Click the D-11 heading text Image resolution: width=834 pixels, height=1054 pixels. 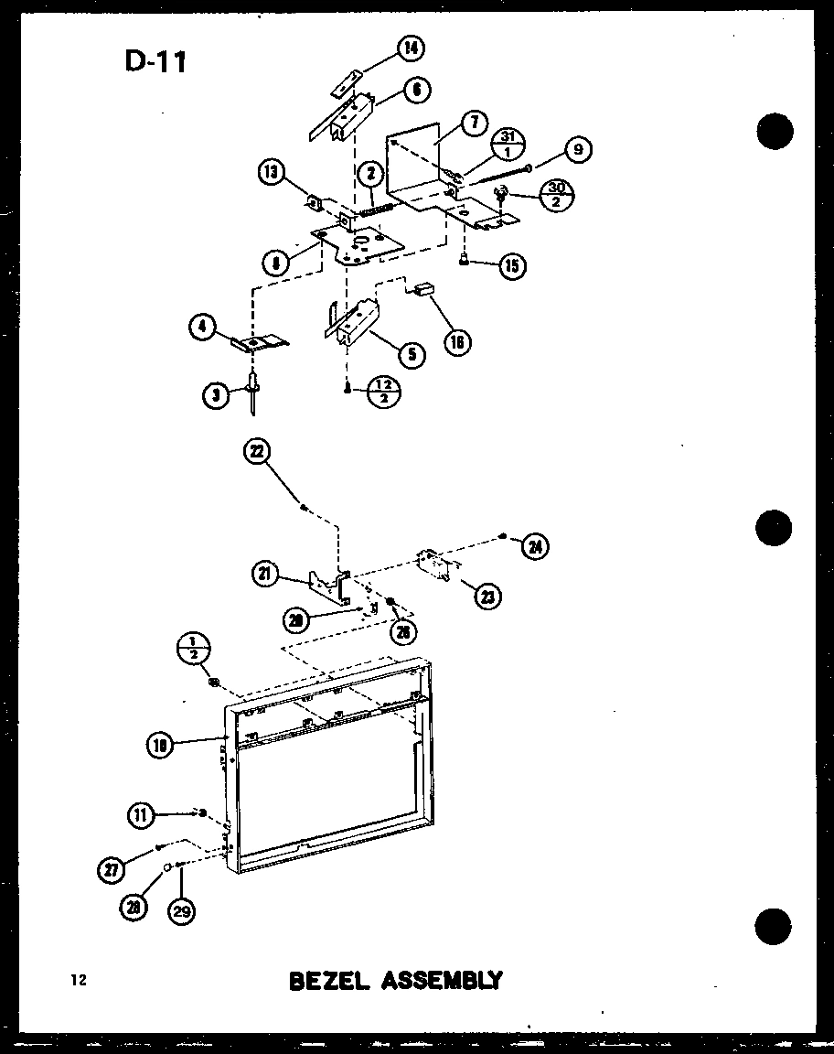click(155, 61)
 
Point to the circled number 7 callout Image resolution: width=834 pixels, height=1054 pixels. click(473, 122)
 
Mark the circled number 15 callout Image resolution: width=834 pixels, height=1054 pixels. click(511, 266)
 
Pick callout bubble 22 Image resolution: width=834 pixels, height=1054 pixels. click(258, 452)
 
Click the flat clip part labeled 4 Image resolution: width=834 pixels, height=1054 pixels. click(258, 342)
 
